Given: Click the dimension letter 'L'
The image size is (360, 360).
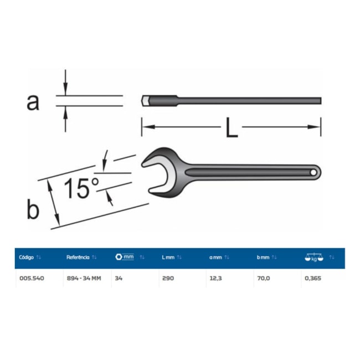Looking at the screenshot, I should pos(232,128).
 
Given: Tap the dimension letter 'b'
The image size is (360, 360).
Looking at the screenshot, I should pos(33,209).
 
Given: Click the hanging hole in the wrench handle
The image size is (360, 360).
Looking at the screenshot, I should pos(313,172).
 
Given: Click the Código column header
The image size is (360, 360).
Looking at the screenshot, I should pos(27,258).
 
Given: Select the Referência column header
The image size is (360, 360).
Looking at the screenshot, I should pos(78,258).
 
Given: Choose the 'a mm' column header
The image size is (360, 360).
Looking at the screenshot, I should pos(215,258).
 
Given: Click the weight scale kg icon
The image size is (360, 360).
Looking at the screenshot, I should pos(313,258).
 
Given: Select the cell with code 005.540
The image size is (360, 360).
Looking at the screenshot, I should pos(31,278).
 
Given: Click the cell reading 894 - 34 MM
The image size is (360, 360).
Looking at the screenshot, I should pos(83,278).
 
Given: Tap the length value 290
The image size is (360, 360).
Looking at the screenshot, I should pos(168,278).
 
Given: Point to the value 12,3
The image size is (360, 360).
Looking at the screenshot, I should pos(215,278).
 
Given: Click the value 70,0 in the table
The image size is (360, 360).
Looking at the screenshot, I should pos(263,278).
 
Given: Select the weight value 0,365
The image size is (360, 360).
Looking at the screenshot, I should pos(312,278).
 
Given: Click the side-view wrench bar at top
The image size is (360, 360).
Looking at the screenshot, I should pos(233,100).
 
